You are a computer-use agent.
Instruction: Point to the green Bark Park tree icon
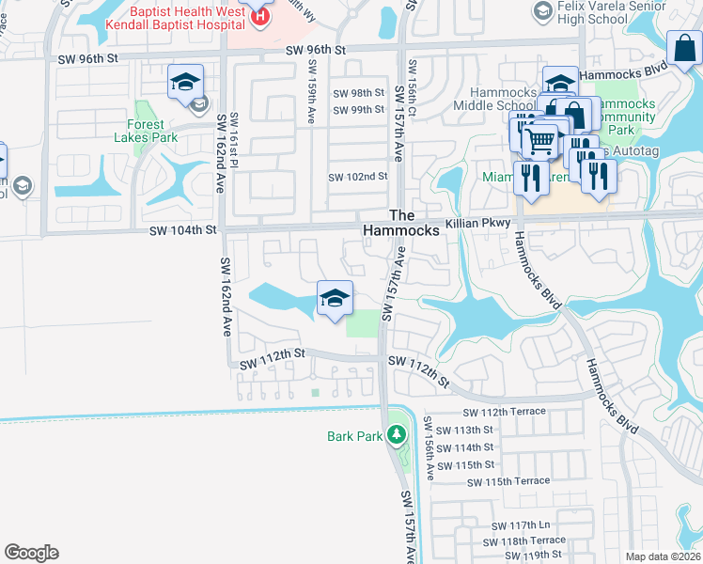click(x=397, y=434)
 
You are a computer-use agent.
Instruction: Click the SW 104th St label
click(x=185, y=229)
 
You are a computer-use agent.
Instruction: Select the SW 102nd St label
click(x=357, y=177)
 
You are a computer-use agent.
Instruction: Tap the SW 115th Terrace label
click(x=508, y=481)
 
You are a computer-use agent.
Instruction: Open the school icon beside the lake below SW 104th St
click(x=335, y=300)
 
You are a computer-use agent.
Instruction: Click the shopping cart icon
click(x=539, y=141)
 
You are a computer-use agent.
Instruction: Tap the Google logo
click(x=31, y=553)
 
